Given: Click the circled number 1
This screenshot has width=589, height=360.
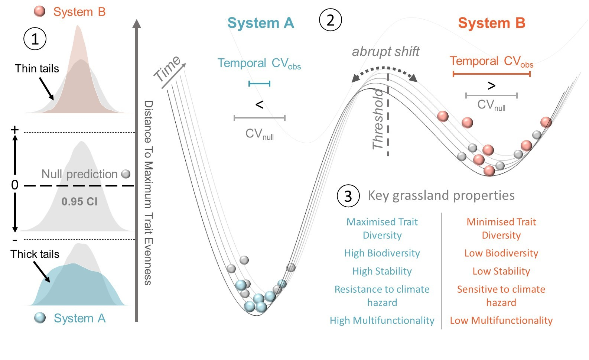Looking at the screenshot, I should click(x=35, y=39).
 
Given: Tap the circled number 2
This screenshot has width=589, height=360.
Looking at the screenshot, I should click(x=330, y=20).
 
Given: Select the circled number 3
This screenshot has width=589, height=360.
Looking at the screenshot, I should click(x=348, y=196).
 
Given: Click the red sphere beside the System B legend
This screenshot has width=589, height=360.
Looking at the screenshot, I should click(x=40, y=11).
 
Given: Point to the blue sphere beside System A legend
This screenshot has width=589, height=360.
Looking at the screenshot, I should click(x=40, y=318).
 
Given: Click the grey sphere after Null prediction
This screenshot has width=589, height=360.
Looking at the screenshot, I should click(x=126, y=174).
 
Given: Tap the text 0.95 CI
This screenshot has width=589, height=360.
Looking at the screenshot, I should click(x=79, y=201).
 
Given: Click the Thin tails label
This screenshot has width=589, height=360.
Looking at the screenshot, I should click(x=37, y=69).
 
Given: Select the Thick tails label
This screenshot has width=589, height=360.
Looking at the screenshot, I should click(x=35, y=254).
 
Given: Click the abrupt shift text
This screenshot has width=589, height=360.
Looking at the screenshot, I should click(x=385, y=52).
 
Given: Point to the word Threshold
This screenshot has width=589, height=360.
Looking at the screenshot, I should click(x=378, y=119).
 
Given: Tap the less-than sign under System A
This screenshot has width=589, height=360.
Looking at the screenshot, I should click(x=259, y=105).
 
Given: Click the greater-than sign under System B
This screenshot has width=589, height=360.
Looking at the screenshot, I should click(x=491, y=86).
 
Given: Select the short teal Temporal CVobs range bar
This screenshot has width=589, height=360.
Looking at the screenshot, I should click(x=259, y=84).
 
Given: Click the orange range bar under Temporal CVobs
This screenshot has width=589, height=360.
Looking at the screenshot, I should click(x=491, y=74).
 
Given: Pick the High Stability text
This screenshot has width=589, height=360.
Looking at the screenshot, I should click(x=382, y=271).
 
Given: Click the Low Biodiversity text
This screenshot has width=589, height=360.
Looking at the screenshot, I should click(x=501, y=253).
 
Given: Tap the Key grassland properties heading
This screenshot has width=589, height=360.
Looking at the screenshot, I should click(x=441, y=195).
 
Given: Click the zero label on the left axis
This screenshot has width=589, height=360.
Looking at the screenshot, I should click(x=14, y=185).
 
